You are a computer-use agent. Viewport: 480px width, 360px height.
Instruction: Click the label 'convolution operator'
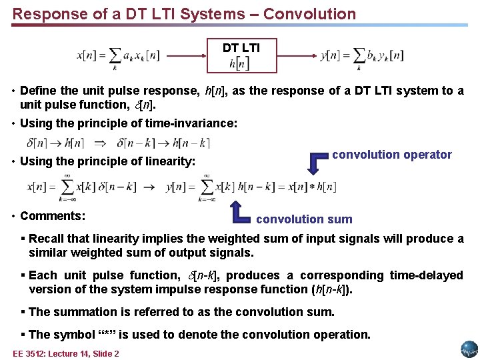tap(392, 155)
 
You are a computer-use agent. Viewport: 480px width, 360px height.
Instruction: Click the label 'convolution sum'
tap(304, 219)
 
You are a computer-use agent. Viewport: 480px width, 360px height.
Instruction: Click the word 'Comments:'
tap(53, 216)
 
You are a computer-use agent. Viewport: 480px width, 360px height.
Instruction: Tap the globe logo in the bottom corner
tap(469, 348)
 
